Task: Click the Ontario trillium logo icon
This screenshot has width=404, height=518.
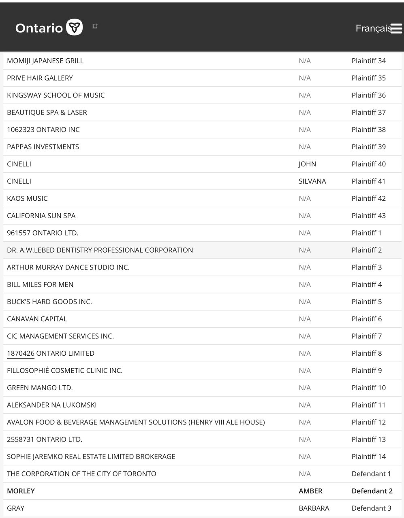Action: pos(74,27)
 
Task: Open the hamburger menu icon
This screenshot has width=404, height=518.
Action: pos(396,28)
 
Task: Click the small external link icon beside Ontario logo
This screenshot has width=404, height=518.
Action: pos(95,26)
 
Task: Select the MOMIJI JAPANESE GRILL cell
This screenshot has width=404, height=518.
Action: pos(45,61)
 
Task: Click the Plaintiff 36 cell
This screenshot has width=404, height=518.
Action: pos(368,95)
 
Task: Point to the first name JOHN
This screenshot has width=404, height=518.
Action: pos(307,164)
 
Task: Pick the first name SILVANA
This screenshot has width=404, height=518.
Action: pos(312,181)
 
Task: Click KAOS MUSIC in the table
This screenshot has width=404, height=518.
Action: pos(27,198)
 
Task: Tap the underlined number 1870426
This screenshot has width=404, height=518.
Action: pos(21,353)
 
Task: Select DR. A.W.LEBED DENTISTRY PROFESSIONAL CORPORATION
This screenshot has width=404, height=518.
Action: pos(100,250)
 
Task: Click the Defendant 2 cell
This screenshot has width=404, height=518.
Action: pos(372,491)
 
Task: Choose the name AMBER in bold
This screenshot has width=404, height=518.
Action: pos(310,491)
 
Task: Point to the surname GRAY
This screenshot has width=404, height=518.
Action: pos(16,508)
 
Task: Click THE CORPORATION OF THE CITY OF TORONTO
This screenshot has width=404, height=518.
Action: pos(81,474)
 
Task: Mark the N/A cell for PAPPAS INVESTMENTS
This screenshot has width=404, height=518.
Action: pos(305,147)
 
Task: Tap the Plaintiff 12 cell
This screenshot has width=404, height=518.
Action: pos(368,422)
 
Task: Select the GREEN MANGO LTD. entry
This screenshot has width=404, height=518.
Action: pos(40,388)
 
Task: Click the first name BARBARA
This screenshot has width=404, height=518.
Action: pos(314,508)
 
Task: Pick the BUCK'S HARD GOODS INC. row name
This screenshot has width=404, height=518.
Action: pos(49,301)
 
